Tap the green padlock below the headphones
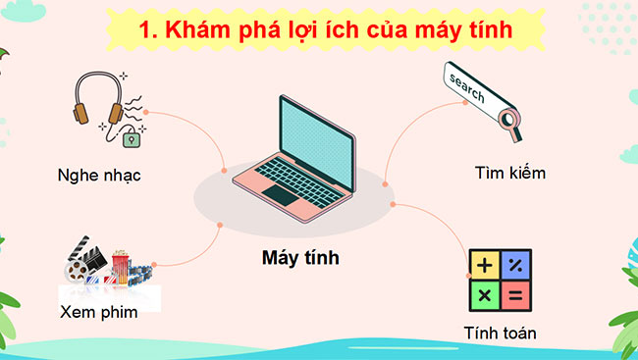(x=130, y=139)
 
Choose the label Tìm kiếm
(x=509, y=174)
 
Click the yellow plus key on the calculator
(x=484, y=265)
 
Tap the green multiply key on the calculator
(x=484, y=294)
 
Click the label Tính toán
(x=500, y=334)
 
